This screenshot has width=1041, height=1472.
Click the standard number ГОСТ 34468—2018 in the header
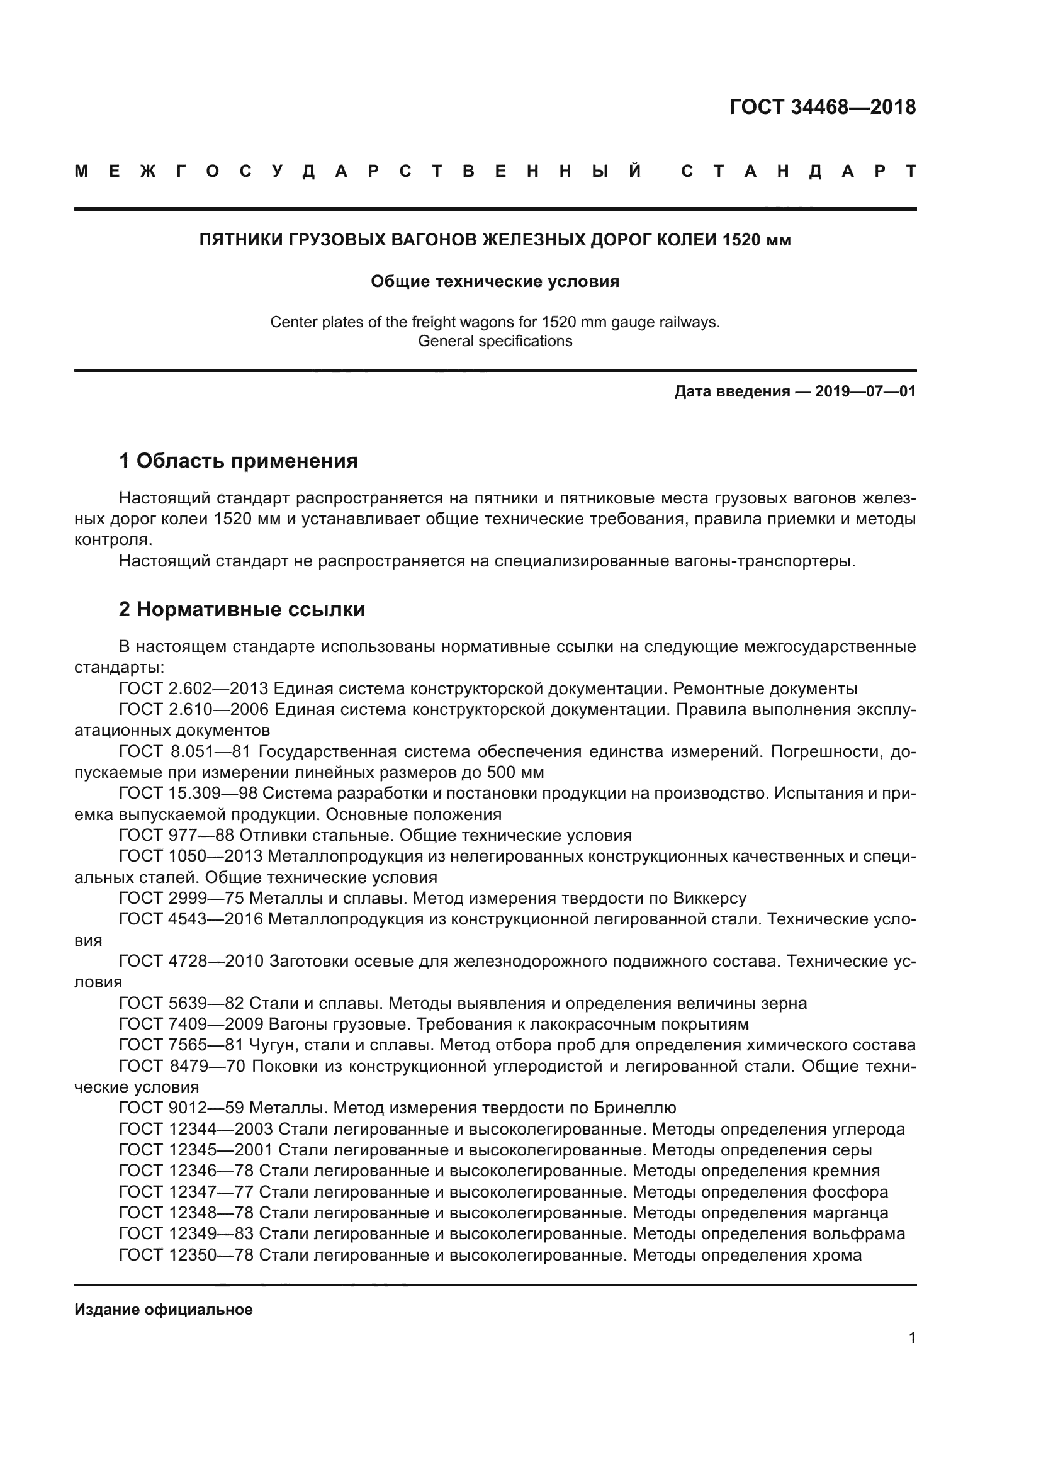[823, 107]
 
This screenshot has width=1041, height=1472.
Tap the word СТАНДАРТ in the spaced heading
[799, 172]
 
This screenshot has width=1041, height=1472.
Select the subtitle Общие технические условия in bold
[495, 281]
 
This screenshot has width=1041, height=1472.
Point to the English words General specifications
[495, 341]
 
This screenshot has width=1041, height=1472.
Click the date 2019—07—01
[865, 391]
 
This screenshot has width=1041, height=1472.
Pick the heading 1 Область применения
[238, 460]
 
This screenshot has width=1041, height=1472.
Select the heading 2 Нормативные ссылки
[242, 609]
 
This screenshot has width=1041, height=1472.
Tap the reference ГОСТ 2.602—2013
[196, 689]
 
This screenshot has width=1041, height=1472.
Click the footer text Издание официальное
[164, 1310]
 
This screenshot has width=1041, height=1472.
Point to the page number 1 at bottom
[911, 1338]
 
